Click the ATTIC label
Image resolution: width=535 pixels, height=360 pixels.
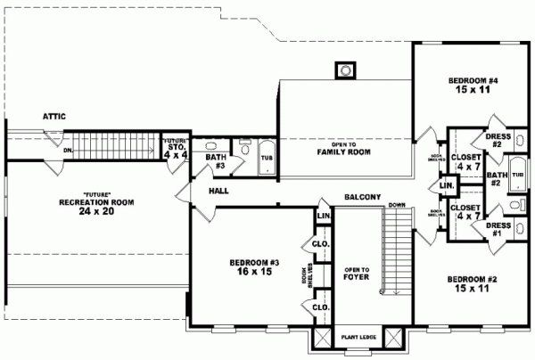pyautogui.click(x=53, y=117)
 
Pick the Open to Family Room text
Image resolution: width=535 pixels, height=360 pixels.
pyautogui.click(x=344, y=149)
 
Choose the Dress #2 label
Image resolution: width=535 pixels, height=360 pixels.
pyautogui.click(x=499, y=140)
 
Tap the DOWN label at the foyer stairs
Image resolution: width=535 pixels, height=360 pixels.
pyautogui.click(x=398, y=206)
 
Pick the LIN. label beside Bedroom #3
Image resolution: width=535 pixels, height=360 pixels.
pyautogui.click(x=323, y=216)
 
